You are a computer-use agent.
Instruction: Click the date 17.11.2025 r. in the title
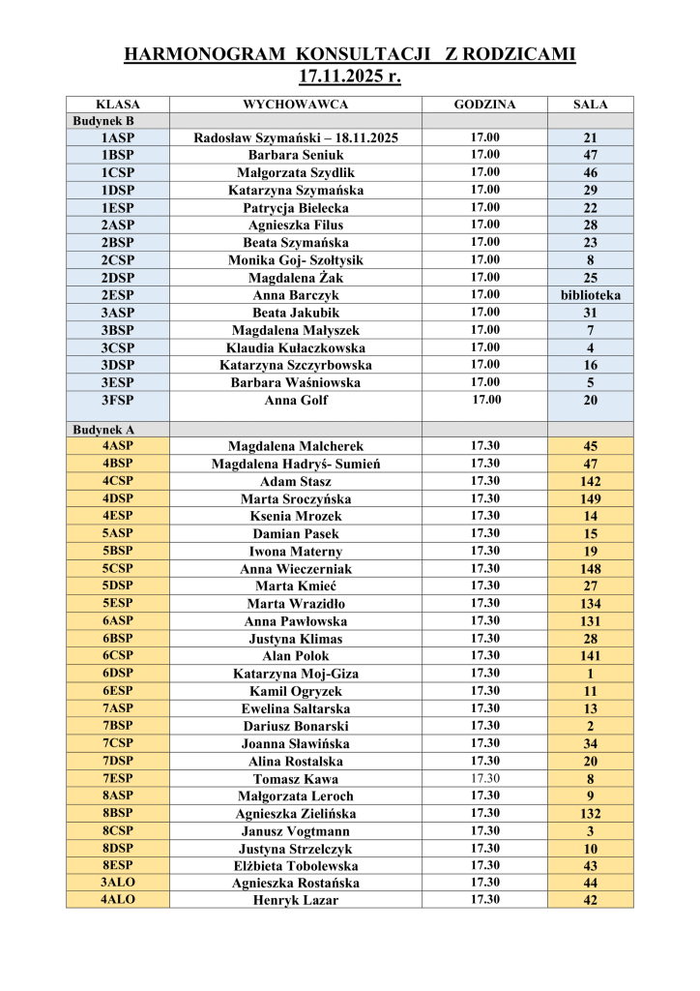coord(349,75)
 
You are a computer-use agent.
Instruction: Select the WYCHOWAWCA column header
coord(296,104)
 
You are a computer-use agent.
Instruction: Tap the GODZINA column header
coord(484,104)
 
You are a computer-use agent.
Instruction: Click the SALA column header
coord(590,104)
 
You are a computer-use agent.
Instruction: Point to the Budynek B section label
coord(103,121)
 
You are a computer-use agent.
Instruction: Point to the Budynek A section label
coord(103,429)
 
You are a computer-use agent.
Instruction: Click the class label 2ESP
coord(117,295)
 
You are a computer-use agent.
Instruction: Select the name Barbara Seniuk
coord(296,155)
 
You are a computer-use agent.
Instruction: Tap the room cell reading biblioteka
coord(590,295)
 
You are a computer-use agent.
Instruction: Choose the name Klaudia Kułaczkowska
coord(296,347)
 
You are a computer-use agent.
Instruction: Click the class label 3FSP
coord(117,400)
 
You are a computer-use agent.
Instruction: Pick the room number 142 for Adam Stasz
coord(590,481)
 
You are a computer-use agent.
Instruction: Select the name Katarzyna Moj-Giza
coord(296,674)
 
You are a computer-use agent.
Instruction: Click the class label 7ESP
coord(117,778)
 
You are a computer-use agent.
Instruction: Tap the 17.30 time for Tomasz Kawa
coord(484,778)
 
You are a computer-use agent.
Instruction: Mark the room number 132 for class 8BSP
coord(590,814)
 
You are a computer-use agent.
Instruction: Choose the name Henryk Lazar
coord(296,900)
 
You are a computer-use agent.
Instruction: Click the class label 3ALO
coord(117,883)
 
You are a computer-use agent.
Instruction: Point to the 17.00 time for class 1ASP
coord(484,137)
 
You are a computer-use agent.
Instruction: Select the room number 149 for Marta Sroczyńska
coord(590,498)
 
